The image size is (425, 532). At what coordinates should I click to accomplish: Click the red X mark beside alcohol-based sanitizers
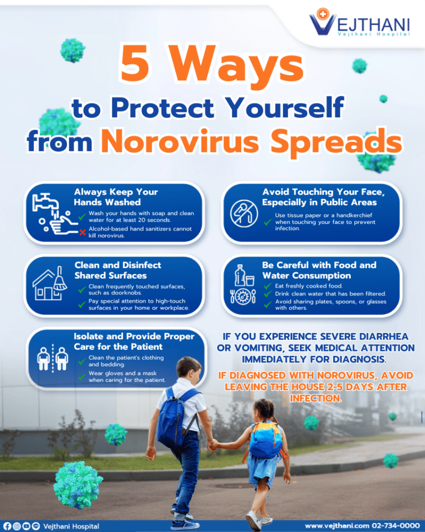click(x=82, y=232)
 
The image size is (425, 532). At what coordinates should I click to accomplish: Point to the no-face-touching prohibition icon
click(x=243, y=212)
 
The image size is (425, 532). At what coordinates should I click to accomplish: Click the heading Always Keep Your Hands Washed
click(x=116, y=197)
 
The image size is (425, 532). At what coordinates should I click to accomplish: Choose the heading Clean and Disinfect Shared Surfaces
click(x=118, y=270)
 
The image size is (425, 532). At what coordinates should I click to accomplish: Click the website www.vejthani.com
click(x=337, y=525)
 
